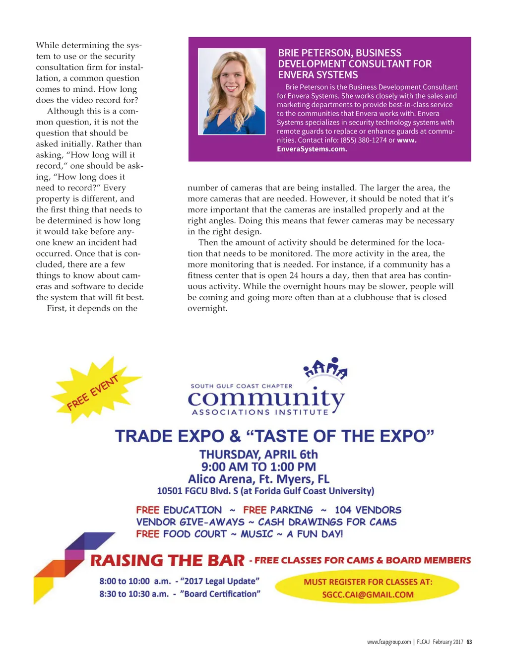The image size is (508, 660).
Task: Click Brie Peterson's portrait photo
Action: click(232, 91)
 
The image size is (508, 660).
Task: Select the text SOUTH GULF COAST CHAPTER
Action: click(242, 386)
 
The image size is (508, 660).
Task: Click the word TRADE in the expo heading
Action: click(143, 436)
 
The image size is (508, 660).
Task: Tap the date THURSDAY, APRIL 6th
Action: click(258, 455)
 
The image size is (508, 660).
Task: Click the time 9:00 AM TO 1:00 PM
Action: click(258, 467)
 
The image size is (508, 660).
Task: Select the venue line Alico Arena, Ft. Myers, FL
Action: click(258, 479)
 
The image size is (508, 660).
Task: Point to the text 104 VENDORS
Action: click(368, 510)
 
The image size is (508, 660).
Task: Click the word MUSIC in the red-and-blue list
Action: click(256, 534)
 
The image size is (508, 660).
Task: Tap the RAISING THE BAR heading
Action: click(167, 561)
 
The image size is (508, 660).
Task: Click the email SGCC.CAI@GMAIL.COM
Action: click(368, 594)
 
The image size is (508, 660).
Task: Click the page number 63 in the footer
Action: click(469, 642)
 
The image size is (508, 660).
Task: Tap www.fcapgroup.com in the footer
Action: click(389, 642)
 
